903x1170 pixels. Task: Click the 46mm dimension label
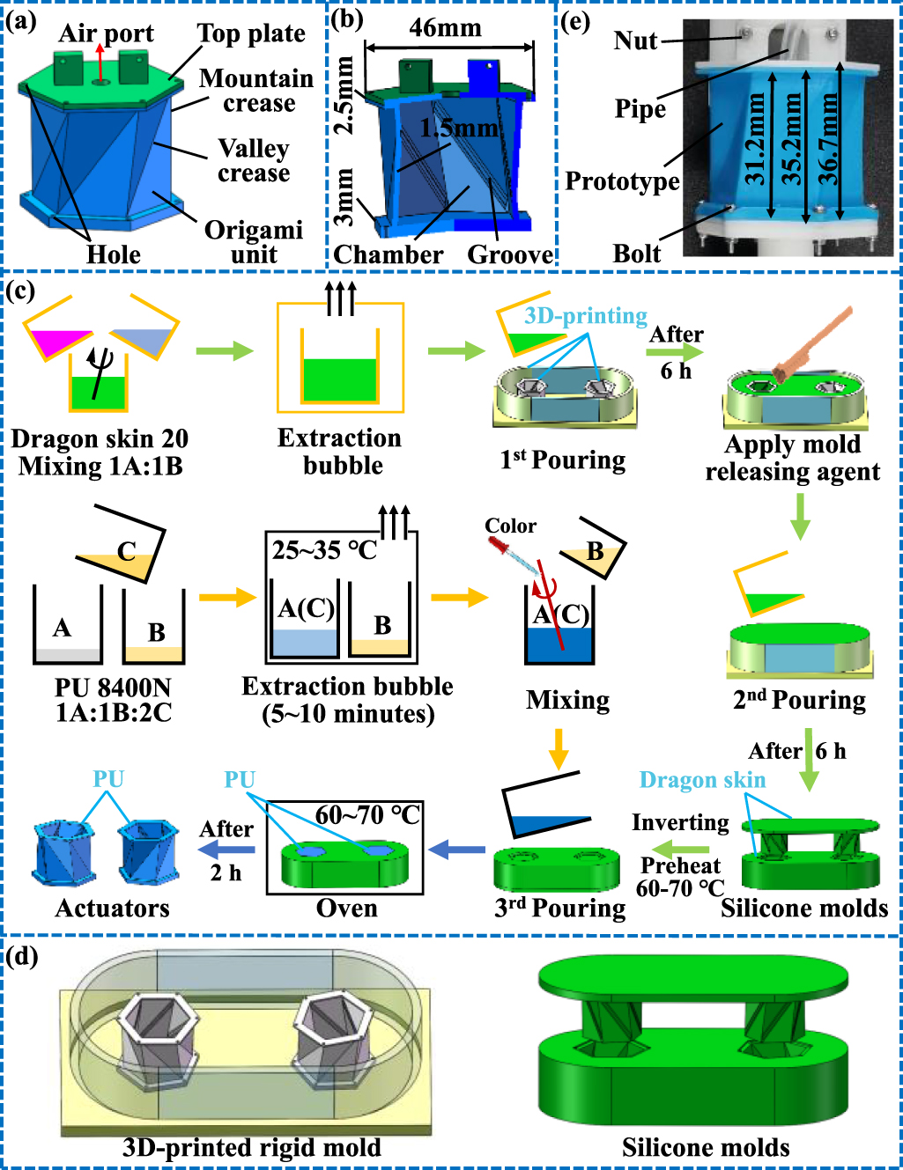coord(445,28)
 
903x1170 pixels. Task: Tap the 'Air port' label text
coord(106,33)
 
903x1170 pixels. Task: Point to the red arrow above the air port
coord(100,62)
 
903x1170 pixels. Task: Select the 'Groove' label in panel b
coord(509,254)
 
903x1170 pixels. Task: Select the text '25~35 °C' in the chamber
coord(323,550)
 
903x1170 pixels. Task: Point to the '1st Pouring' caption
coord(562,460)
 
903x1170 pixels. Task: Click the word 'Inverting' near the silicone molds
coord(680,822)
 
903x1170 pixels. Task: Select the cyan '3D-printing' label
coord(585,316)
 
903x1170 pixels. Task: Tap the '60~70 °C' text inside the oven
coord(367,814)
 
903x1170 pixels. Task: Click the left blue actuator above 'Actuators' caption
coord(64,850)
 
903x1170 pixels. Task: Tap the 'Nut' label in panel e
coord(635,40)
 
